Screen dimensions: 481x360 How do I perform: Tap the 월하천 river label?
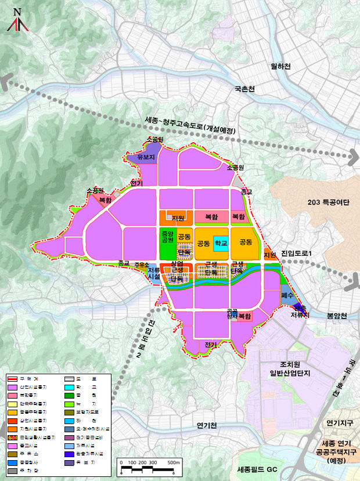pyautogui.click(x=280, y=67)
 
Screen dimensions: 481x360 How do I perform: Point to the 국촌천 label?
pyautogui.click(x=244, y=89)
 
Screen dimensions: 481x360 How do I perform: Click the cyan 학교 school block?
pyautogui.click(x=220, y=244)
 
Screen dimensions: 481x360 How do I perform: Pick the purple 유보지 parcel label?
pyautogui.click(x=145, y=157)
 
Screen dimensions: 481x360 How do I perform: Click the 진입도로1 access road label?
pyautogui.click(x=296, y=254)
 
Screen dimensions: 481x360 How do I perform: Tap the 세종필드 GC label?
pyautogui.click(x=258, y=468)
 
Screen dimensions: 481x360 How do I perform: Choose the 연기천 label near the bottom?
pyautogui.click(x=206, y=425)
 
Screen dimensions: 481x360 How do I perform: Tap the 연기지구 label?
pyautogui.click(x=340, y=422)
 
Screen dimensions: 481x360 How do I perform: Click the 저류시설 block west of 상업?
pyautogui.click(x=153, y=273)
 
